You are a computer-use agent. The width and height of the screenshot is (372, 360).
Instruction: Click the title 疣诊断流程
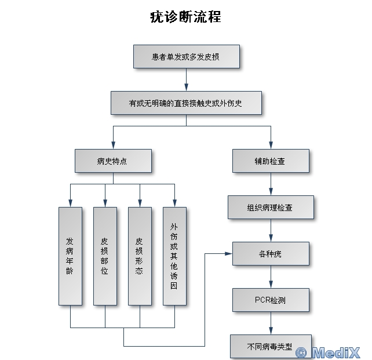(x=185, y=16)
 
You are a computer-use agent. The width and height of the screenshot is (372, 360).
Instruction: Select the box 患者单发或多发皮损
(x=186, y=57)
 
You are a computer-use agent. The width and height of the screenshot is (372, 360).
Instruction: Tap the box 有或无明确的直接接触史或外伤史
(x=186, y=104)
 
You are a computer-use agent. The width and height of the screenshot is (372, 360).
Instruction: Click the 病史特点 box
(x=113, y=161)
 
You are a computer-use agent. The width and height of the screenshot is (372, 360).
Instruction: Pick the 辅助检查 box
(x=271, y=161)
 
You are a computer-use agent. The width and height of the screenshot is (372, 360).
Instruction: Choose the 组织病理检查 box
(x=271, y=207)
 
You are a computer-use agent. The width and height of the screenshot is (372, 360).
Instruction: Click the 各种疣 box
(x=271, y=253)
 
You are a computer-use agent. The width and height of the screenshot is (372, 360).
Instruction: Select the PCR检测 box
(x=271, y=300)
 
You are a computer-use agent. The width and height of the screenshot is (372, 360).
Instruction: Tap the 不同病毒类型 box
(x=271, y=346)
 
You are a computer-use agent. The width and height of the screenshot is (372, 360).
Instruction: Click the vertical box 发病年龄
(x=70, y=256)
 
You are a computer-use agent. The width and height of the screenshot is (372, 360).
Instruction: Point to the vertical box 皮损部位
(x=105, y=256)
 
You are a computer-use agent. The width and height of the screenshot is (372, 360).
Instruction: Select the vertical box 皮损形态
(x=140, y=256)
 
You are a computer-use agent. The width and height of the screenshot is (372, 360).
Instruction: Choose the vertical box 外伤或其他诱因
(x=174, y=256)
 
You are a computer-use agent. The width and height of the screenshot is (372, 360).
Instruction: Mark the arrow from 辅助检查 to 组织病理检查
(x=271, y=184)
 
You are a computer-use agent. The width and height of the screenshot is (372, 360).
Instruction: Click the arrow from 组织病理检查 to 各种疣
(x=271, y=230)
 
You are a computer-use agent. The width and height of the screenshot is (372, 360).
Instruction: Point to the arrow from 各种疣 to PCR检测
(x=271, y=277)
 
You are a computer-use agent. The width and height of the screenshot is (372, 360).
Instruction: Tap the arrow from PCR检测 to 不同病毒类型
(x=271, y=323)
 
